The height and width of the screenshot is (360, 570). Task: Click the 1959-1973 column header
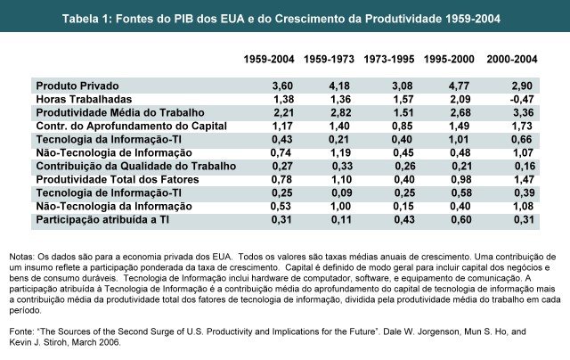click(330, 59)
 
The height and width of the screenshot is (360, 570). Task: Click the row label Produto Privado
click(77, 84)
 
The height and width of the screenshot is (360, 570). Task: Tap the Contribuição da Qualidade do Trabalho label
click(135, 166)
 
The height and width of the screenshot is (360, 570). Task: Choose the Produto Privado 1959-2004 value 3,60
click(256, 84)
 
